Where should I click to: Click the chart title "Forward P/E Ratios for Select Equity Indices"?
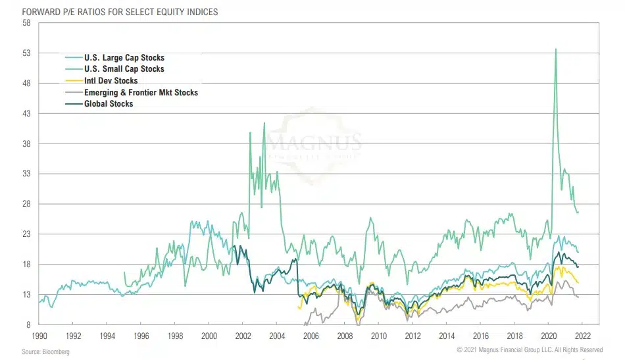[x=111, y=12]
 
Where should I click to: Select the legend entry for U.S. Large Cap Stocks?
[x=124, y=58]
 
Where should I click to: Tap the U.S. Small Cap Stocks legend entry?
[x=124, y=69]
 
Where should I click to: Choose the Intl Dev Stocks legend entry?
[x=111, y=81]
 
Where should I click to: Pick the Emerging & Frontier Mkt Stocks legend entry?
[x=141, y=93]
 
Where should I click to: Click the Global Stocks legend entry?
[x=108, y=104]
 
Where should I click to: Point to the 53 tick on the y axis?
[x=26, y=53]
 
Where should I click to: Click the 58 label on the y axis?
[x=26, y=23]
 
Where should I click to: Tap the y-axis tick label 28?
[x=26, y=204]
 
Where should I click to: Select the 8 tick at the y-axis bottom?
[x=28, y=325]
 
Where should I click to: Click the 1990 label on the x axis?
[x=40, y=336]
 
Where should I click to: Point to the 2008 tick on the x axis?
[x=344, y=336]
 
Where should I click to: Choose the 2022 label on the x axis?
[x=582, y=336]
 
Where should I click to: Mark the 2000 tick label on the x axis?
[x=209, y=336]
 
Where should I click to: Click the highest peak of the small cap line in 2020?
[x=557, y=49]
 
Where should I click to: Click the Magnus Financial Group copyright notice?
[x=530, y=349]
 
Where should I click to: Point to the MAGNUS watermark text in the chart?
[x=322, y=141]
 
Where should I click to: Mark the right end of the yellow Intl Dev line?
[x=578, y=283]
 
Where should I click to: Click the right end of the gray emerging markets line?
[x=578, y=297]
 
